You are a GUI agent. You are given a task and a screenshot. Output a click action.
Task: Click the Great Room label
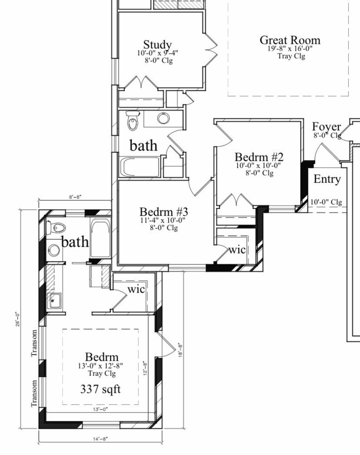(x=290, y=40)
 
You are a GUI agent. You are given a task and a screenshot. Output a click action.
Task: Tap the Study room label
(x=157, y=45)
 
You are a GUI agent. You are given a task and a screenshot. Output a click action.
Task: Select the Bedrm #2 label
(x=259, y=157)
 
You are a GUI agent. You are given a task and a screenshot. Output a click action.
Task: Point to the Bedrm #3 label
(x=164, y=212)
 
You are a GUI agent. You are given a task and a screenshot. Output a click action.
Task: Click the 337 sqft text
(x=100, y=389)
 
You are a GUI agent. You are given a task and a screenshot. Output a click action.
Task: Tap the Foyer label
(x=326, y=126)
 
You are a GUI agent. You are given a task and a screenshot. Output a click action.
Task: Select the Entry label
(x=327, y=179)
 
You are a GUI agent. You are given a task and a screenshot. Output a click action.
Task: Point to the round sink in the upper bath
(x=164, y=119)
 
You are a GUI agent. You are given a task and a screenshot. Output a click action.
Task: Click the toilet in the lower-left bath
(x=57, y=227)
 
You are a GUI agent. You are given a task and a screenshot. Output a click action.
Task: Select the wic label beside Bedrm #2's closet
(x=236, y=250)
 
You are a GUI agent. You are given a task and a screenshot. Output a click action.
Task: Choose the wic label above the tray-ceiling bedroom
(x=136, y=289)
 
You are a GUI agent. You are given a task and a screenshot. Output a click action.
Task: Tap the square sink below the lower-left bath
(x=54, y=299)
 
